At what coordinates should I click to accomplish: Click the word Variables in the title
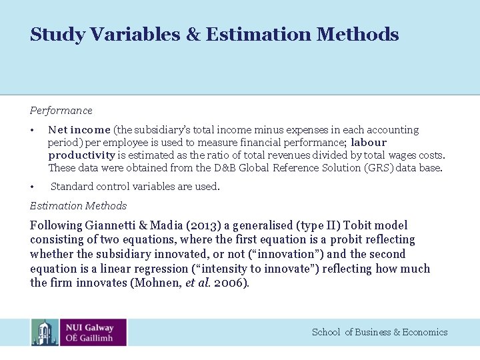(x=136, y=34)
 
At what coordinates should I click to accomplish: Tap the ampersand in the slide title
(x=193, y=34)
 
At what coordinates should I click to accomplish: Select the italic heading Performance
(x=61, y=111)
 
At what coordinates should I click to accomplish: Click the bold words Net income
(x=79, y=130)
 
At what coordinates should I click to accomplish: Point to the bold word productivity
(x=82, y=155)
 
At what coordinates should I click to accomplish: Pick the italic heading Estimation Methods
(x=78, y=206)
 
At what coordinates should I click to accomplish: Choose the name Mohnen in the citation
(x=158, y=283)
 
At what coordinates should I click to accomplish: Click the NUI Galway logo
(x=79, y=332)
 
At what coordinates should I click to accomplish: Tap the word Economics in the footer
(x=425, y=332)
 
